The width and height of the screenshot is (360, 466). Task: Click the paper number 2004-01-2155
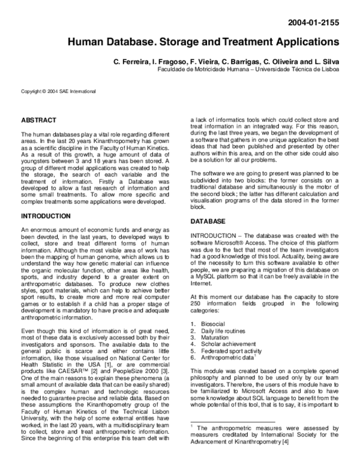click(314, 23)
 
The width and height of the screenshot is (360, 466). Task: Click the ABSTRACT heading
click(38, 121)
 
